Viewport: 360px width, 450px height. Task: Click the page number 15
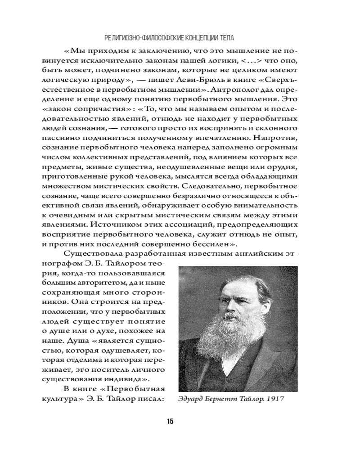pyautogui.click(x=170, y=421)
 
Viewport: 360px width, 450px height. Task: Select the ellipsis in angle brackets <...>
pyautogui.click(x=242, y=60)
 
